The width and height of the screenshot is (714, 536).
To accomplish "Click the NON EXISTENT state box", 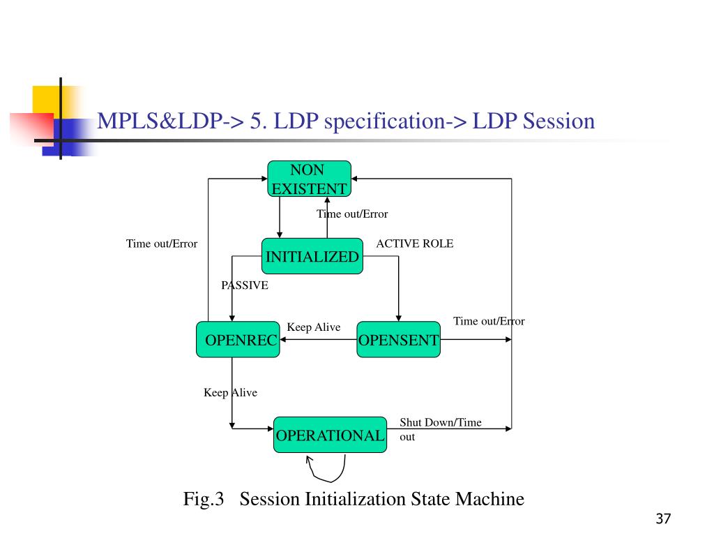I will point(309,179).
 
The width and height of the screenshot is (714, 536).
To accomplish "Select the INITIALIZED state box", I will point(312,257).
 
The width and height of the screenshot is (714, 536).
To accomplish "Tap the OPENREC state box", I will point(237,340).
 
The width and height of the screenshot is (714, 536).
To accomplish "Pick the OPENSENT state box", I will point(398,340).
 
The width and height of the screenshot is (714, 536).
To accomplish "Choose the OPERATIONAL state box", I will point(330,435).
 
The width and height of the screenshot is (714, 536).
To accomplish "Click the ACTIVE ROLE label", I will point(414,244).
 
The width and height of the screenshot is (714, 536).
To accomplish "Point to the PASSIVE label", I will point(245,285).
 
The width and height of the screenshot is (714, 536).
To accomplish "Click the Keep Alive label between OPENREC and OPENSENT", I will point(314,327).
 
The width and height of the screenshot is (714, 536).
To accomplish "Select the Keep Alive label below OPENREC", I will point(230,393).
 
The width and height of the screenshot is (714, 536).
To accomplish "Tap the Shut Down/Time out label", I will point(439,429).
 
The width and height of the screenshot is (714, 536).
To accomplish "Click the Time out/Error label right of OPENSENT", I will point(489,321).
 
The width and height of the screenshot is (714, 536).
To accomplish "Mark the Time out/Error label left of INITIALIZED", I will point(162,244).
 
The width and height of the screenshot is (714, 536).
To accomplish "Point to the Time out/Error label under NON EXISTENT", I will point(352,214).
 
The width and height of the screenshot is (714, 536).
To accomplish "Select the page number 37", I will point(662,519).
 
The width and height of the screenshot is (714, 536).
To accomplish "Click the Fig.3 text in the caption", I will point(203,499).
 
